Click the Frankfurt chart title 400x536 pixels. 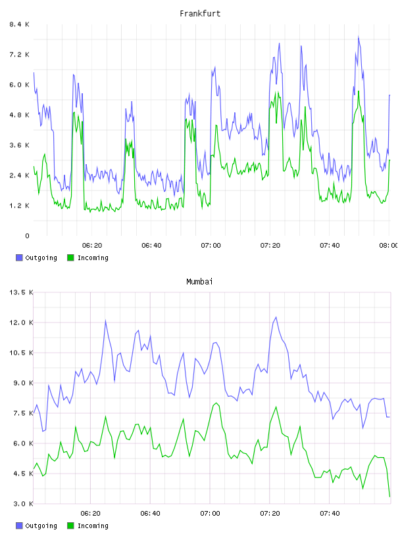[200, 14]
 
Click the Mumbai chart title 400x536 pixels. [199, 282]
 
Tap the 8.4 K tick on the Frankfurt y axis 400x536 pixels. [19, 24]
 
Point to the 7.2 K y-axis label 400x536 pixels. [19, 55]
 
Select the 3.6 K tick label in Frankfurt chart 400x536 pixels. [19, 145]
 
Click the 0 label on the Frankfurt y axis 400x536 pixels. [27, 236]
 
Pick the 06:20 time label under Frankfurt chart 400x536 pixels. [92, 246]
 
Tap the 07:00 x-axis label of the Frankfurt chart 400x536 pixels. [211, 246]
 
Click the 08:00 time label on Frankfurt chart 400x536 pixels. [389, 246]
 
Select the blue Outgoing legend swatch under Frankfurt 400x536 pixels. [19, 257]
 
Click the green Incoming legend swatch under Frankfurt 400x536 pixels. [70, 257]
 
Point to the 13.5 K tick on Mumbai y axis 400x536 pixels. [21, 292]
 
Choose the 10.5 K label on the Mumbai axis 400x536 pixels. [21, 353]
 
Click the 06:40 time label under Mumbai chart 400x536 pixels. [151, 514]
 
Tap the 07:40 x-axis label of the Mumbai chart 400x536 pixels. [330, 514]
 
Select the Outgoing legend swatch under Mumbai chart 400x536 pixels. [19, 525]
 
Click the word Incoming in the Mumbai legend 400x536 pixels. [93, 525]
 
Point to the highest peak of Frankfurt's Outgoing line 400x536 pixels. [359, 36]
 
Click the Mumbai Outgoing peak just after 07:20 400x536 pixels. [276, 317]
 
